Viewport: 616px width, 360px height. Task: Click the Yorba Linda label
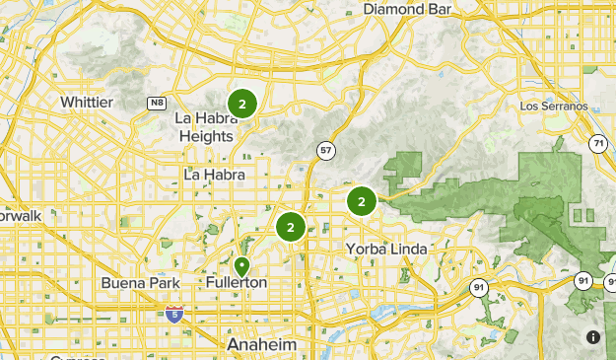click(x=386, y=249)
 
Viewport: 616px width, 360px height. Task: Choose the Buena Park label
click(x=137, y=283)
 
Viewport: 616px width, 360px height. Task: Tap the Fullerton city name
click(x=237, y=283)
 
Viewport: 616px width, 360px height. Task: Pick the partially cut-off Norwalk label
click(x=15, y=214)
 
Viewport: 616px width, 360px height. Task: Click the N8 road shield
click(x=157, y=102)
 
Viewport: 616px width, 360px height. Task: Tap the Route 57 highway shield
click(x=324, y=151)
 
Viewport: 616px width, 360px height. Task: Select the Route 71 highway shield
click(x=598, y=144)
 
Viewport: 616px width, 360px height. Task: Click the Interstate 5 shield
click(x=173, y=315)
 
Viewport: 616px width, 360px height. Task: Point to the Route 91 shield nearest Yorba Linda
click(x=478, y=288)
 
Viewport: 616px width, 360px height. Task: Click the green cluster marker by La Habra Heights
click(x=241, y=103)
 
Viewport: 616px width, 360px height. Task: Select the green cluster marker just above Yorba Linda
click(x=362, y=202)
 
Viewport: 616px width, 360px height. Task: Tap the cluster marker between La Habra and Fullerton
click(x=290, y=228)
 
